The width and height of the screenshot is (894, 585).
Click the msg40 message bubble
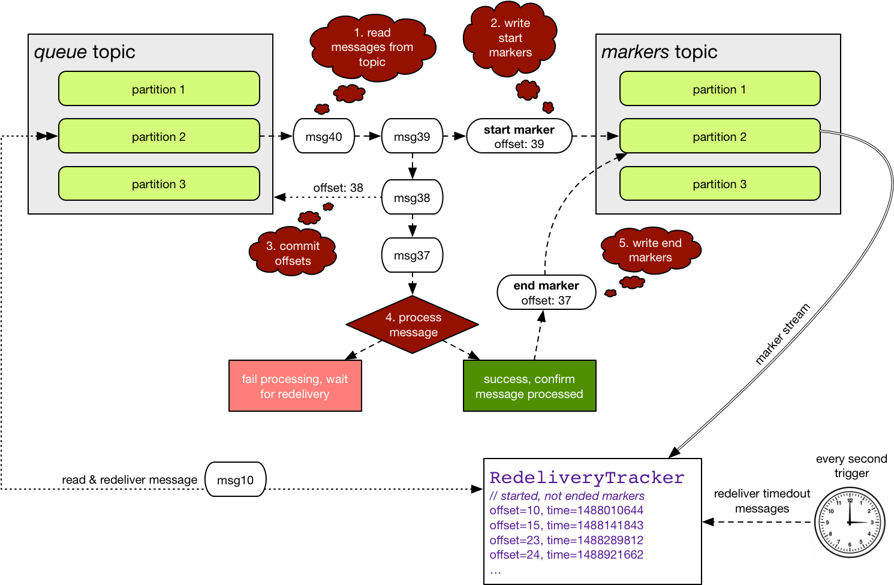(324, 136)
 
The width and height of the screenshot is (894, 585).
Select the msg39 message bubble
(412, 136)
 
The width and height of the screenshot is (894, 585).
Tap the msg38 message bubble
(412, 197)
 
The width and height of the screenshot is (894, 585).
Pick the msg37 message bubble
(412, 255)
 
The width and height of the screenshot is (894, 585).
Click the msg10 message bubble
(235, 480)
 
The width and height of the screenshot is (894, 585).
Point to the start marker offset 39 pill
(519, 136)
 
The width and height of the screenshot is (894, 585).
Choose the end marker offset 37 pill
(546, 292)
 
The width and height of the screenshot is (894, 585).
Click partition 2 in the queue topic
(159, 136)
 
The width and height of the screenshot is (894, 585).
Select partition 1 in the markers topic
(720, 89)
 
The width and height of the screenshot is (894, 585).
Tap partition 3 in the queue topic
(159, 183)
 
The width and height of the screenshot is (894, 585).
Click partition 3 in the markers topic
(720, 183)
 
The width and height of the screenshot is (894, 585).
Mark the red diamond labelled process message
(413, 324)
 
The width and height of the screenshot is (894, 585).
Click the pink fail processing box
(295, 386)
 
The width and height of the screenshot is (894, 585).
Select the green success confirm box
(529, 386)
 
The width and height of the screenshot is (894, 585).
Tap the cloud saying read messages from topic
(372, 47)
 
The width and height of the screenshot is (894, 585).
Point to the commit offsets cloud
(293, 253)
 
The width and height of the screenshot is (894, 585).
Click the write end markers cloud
(651, 250)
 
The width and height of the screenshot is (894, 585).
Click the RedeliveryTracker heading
(586, 478)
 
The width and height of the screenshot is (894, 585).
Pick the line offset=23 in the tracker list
(566, 540)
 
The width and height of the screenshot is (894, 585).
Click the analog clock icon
(850, 522)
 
